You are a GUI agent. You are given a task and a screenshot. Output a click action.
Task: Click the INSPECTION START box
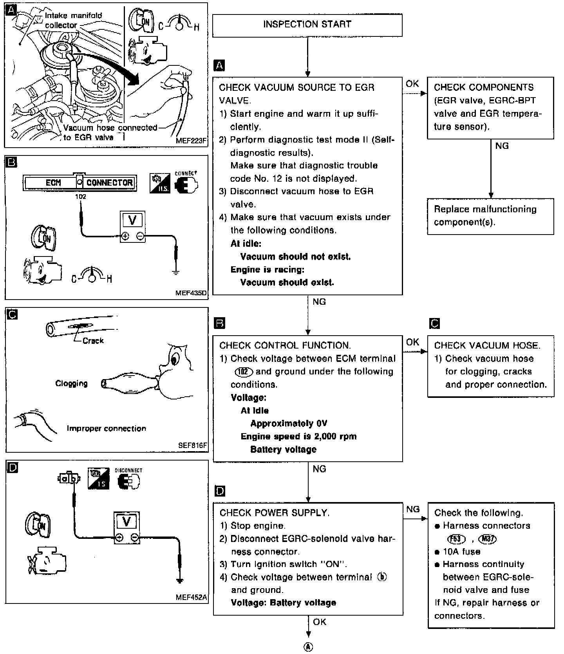coord(307,24)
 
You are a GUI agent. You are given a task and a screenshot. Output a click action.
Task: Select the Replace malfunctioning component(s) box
coord(490,216)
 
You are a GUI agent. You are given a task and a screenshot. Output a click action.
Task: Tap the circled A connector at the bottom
coord(309,647)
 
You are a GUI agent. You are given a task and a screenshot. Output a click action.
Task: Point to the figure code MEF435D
coord(191,293)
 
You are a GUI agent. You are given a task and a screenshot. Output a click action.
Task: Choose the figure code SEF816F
coord(192,445)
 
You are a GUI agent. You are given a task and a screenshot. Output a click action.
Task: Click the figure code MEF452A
coord(192,598)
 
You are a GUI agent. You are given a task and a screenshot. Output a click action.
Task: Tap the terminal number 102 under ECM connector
coord(81,197)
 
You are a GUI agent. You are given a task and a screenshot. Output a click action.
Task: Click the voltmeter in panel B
coord(132,227)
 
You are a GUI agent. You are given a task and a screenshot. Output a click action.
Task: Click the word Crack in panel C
coord(93,341)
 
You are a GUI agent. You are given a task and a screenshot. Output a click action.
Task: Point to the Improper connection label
coord(106,428)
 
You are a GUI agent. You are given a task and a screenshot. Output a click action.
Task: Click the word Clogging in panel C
coord(72,383)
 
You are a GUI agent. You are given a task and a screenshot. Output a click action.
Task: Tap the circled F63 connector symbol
coord(456,539)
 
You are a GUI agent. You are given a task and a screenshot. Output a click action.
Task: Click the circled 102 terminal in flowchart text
coord(244,372)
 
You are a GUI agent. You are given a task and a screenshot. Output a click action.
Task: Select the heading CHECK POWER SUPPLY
coord(275,513)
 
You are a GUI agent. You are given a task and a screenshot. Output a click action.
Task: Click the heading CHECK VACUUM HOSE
coord(487,345)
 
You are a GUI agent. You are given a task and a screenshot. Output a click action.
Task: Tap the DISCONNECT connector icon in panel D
coord(128,481)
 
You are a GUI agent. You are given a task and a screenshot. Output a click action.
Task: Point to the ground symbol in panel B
coord(176,271)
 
